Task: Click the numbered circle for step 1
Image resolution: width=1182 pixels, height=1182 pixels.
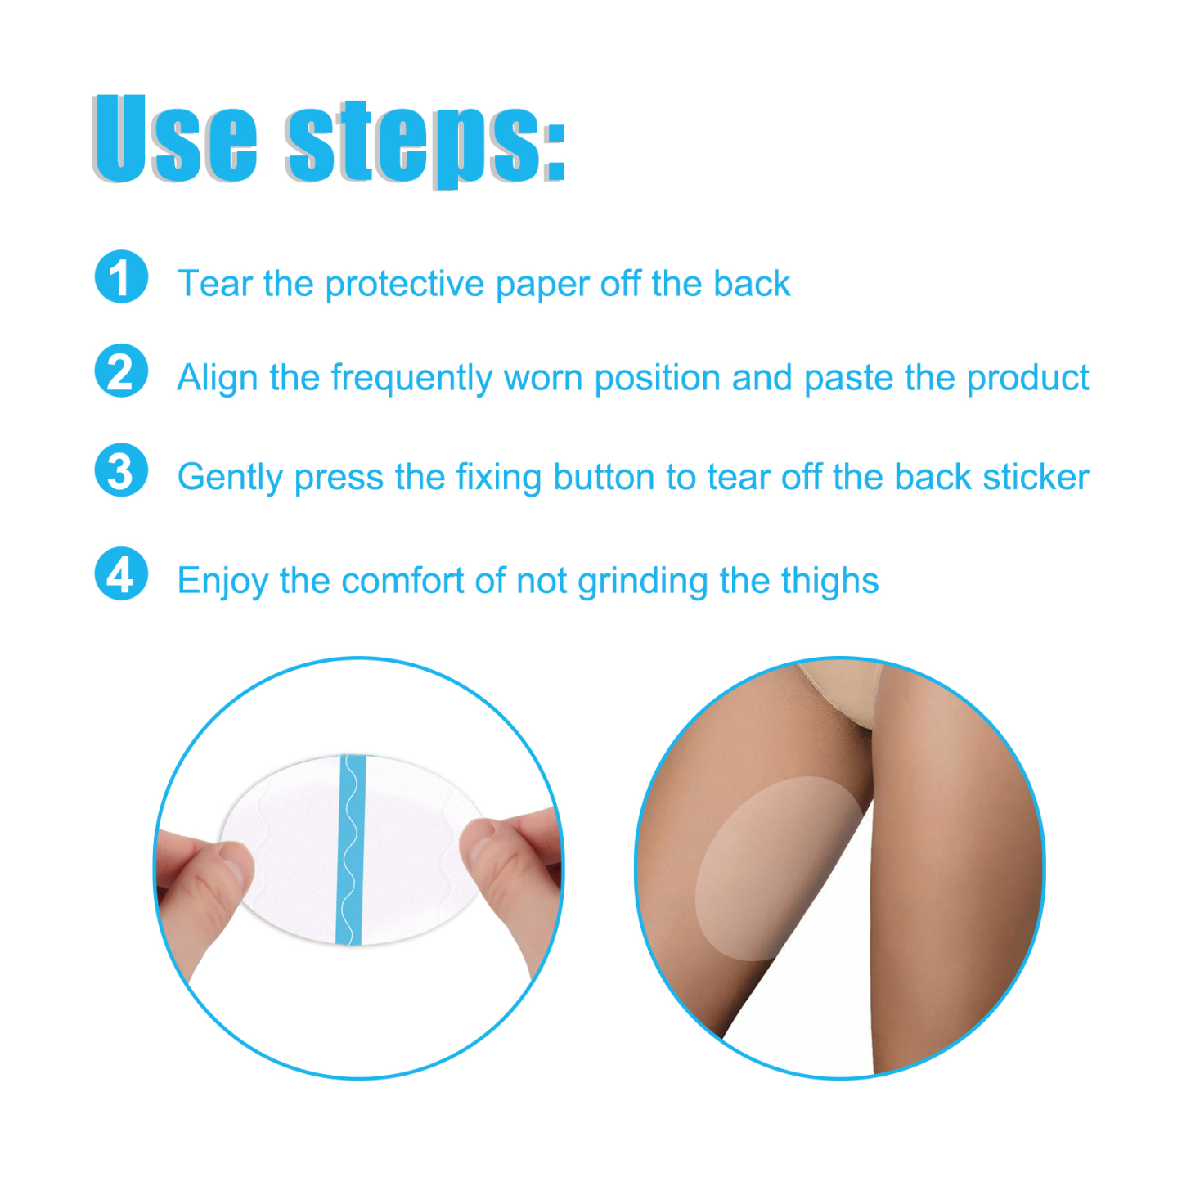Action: point(121,277)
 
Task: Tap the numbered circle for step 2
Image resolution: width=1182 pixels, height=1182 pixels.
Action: point(121,371)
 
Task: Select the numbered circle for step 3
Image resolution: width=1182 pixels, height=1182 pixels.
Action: point(121,470)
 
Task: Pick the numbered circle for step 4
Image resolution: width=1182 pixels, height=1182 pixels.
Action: point(121,573)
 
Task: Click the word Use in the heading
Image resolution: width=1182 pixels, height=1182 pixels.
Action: point(175,139)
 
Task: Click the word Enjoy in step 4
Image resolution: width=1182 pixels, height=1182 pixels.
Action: point(222,582)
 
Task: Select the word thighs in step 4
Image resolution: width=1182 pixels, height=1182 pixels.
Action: point(829,581)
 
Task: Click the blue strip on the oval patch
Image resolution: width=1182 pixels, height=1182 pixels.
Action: point(350,851)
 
